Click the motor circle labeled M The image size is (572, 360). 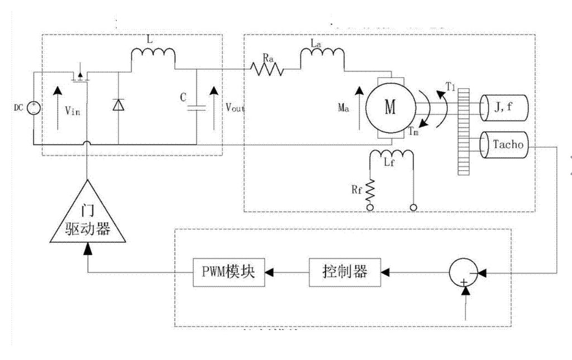coord(390,107)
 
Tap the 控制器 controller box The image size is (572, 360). coord(337,272)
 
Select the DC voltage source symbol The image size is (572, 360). coord(33,107)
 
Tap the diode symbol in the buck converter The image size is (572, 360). coord(118,105)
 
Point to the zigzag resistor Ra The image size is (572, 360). coord(267,69)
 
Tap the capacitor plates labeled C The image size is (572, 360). coord(197,107)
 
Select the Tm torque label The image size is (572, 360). coord(414,133)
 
